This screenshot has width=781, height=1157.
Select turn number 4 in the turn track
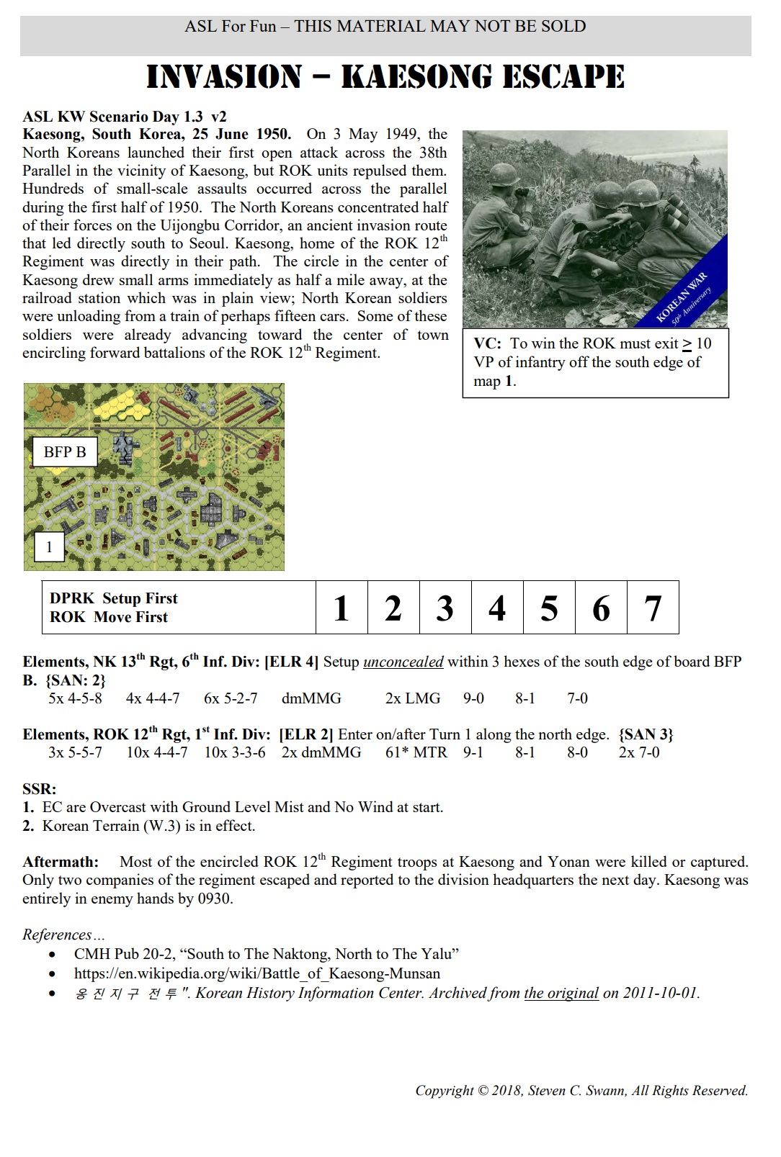coord(497,608)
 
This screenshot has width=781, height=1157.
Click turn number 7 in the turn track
coord(653,608)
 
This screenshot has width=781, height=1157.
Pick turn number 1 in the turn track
coord(342,608)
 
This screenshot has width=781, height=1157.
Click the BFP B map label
coord(65,452)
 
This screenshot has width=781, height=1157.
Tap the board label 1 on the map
coord(49,547)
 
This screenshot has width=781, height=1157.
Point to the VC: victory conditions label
coord(487,343)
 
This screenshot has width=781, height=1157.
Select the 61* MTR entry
coord(416,752)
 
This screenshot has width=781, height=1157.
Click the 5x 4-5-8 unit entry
coord(75,698)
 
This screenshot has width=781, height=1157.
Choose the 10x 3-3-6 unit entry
coord(234,752)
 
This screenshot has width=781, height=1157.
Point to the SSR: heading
coord(39,789)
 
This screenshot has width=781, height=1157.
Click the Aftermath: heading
coord(60,862)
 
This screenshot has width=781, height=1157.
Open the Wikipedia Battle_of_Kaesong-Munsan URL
coord(257,973)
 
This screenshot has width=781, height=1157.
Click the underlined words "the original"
coord(561,993)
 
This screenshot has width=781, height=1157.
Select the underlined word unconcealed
coord(403,662)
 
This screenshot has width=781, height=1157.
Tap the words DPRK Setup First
coord(114,598)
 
